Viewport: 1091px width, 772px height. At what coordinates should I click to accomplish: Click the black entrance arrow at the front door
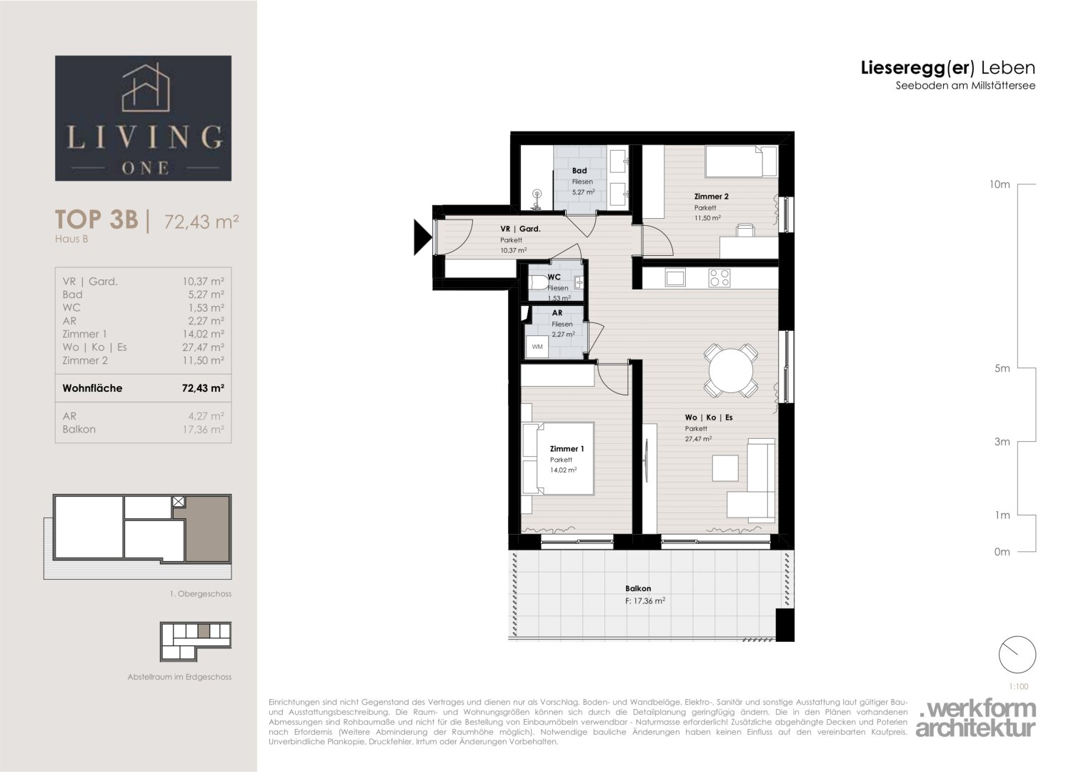[422, 237]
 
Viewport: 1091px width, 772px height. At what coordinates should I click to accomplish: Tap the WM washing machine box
[537, 347]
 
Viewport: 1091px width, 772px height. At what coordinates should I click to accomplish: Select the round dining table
[731, 370]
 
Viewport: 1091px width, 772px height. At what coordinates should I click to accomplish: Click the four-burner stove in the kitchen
[719, 278]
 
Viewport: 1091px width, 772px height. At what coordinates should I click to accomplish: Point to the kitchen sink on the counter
[676, 278]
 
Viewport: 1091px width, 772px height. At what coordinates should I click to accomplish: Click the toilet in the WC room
[539, 282]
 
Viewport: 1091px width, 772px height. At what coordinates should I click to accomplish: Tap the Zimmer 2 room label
[711, 197]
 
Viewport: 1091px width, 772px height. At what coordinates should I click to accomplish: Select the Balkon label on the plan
[638, 588]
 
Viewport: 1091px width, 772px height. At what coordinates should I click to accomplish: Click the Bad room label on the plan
[579, 171]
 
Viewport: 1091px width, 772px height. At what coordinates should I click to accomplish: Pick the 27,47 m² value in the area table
[203, 347]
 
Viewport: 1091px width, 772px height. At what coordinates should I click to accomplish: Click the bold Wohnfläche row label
[93, 388]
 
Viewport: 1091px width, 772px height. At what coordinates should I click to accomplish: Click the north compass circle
[1017, 655]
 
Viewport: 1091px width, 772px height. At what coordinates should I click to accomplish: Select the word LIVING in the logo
[144, 137]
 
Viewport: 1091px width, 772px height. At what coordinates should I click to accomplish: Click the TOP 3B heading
[97, 219]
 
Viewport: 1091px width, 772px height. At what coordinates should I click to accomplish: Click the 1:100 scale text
[1018, 686]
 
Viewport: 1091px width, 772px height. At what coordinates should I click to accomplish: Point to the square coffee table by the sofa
[725, 468]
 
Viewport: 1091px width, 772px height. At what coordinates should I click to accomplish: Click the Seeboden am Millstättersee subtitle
[965, 85]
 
